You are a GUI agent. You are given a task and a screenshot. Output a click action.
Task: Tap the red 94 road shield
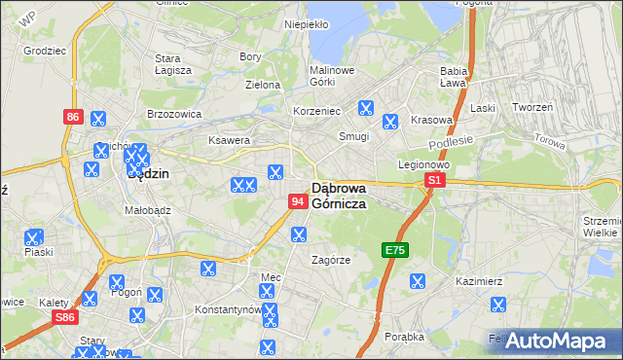pyautogui.click(x=299, y=200)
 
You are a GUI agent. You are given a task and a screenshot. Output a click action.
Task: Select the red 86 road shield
pyautogui.click(x=73, y=117)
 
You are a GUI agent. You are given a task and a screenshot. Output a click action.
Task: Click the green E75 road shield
pyautogui.click(x=394, y=250)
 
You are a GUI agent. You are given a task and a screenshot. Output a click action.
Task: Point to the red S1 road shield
pyautogui.click(x=435, y=181)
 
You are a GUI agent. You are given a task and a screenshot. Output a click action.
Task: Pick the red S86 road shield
pyautogui.click(x=65, y=317)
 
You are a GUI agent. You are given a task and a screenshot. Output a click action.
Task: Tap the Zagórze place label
pyautogui.click(x=330, y=260)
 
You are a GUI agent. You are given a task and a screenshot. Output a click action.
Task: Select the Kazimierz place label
pyautogui.click(x=478, y=281)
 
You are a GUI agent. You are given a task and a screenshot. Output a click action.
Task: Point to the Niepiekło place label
pyautogui.click(x=306, y=23)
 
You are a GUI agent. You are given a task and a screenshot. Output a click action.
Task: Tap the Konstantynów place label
pyautogui.click(x=229, y=309)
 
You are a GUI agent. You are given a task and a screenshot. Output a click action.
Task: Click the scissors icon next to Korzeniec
pyautogui.click(x=366, y=109)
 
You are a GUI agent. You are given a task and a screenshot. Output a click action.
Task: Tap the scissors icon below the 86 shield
pyautogui.click(x=97, y=119)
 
